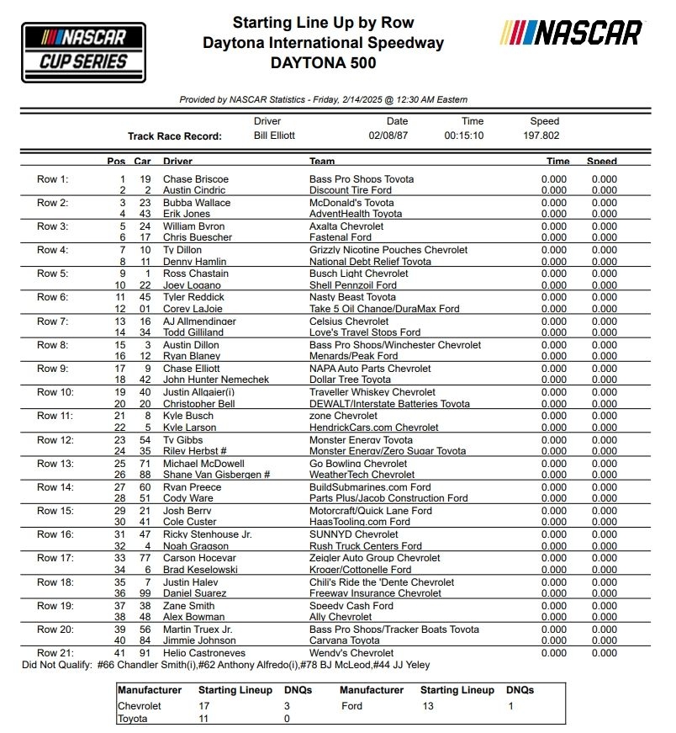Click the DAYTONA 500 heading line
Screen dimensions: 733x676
324,63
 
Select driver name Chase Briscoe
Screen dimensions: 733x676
196,179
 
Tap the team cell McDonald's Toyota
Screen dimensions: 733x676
351,203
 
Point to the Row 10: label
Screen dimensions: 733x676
55,392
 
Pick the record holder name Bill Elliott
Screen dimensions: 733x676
274,135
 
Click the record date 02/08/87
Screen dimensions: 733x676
387,135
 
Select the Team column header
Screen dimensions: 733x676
322,162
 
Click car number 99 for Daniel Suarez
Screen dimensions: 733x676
145,593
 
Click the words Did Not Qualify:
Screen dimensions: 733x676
57,665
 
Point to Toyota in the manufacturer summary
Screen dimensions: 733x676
133,719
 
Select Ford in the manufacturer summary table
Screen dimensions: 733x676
351,705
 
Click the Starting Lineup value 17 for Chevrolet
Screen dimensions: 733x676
204,705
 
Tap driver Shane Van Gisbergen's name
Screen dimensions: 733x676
216,475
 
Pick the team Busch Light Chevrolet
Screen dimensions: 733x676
359,274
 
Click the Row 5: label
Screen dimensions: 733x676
53,274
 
